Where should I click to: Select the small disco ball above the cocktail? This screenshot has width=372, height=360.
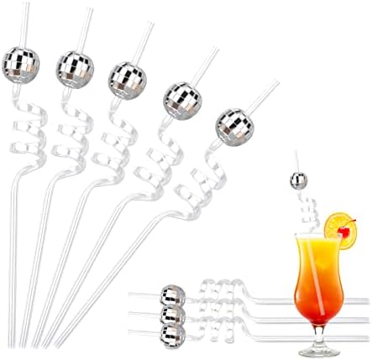[x=297, y=178]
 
